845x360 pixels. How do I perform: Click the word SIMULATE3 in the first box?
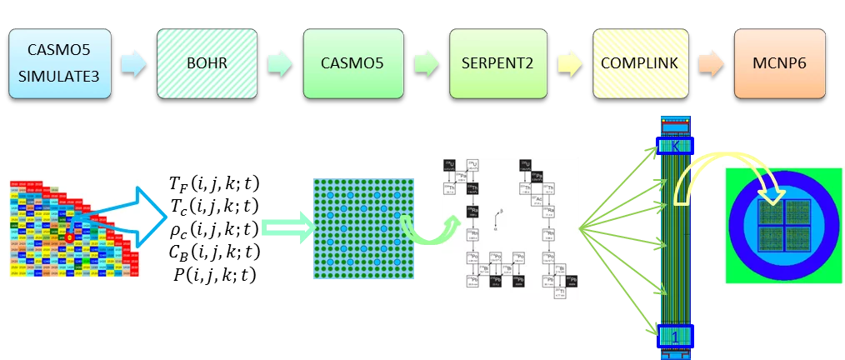click(60, 75)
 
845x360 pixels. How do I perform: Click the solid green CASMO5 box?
click(352, 63)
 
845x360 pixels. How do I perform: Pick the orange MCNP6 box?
click(779, 63)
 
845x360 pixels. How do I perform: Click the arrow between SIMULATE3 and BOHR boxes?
click(133, 62)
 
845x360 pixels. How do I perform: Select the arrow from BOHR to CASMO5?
click(280, 62)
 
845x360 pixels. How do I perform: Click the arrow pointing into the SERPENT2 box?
click(426, 62)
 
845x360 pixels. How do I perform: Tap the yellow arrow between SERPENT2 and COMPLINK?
click(570, 62)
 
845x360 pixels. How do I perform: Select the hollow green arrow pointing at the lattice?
click(287, 227)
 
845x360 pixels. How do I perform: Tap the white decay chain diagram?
click(509, 227)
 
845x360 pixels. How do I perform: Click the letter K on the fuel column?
click(676, 146)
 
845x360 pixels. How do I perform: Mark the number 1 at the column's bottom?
click(676, 336)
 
